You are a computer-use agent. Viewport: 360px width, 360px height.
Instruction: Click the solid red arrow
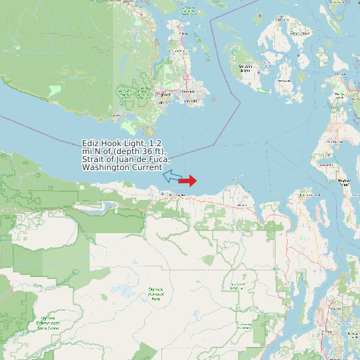[188, 181]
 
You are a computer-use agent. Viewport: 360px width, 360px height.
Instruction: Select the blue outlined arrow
[172, 176]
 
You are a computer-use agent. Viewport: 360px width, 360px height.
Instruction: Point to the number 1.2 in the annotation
[156, 143]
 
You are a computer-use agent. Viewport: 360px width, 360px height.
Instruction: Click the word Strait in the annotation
[94, 159]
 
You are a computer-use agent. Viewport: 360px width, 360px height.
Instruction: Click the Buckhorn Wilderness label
[238, 286]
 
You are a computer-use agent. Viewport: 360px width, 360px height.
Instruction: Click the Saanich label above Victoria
[188, 90]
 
